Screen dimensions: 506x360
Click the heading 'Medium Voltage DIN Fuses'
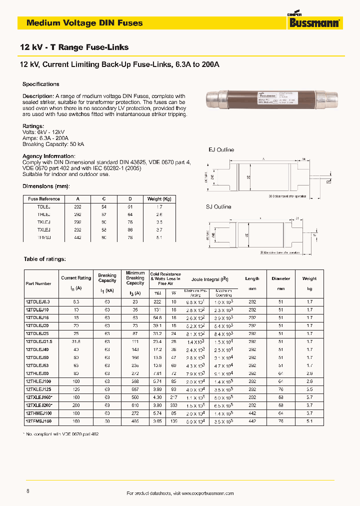pyautogui.click(x=84, y=23)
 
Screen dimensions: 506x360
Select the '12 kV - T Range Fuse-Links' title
pyautogui.click(x=74, y=47)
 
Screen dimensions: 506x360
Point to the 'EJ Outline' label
pyautogui.click(x=221, y=149)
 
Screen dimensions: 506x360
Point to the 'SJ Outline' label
pyautogui.click(x=219, y=207)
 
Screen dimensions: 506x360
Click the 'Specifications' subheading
pyautogui.click(x=41, y=84)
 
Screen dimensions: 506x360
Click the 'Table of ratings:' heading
pyautogui.click(x=45, y=259)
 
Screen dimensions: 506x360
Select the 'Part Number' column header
pyautogui.click(x=38, y=283)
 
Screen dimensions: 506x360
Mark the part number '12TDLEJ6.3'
pyautogui.click(x=38, y=301)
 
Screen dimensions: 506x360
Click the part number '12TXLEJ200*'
pyautogui.click(x=39, y=405)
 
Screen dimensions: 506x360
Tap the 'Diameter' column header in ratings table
pyautogui.click(x=280, y=278)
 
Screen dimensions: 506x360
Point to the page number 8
pyautogui.click(x=27, y=491)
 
